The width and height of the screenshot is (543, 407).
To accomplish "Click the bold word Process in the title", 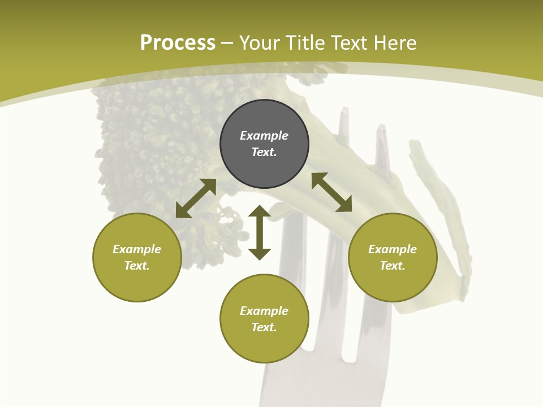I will (178, 43).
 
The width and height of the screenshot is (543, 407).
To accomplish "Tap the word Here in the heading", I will (395, 43).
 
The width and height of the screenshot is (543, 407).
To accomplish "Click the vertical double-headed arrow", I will (260, 232).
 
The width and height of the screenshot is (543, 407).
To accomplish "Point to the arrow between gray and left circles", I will (196, 198).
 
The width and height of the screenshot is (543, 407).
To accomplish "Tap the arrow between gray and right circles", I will (331, 192).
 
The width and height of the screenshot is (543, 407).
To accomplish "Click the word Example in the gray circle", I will (264, 136).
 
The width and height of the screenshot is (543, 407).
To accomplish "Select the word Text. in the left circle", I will (137, 266).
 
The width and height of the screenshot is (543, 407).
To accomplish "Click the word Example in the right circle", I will (393, 249).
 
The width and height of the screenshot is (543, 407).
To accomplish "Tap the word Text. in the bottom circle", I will (264, 327).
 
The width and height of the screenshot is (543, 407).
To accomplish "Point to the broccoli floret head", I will (147, 141).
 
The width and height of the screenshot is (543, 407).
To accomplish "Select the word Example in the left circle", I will (137, 249).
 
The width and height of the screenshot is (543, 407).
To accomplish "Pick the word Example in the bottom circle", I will (264, 311).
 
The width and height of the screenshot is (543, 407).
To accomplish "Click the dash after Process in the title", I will (227, 44).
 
